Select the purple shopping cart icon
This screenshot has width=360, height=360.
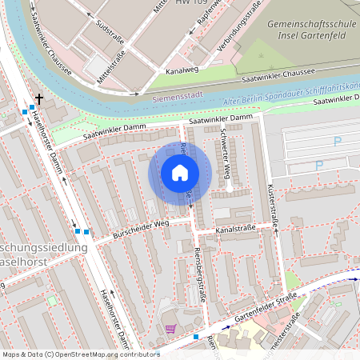tap(170, 328)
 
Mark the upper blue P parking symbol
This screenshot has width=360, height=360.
tap(337, 141)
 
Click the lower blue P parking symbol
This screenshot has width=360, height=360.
tap(319, 166)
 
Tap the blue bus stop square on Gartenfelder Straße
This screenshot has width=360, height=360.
tap(195, 338)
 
